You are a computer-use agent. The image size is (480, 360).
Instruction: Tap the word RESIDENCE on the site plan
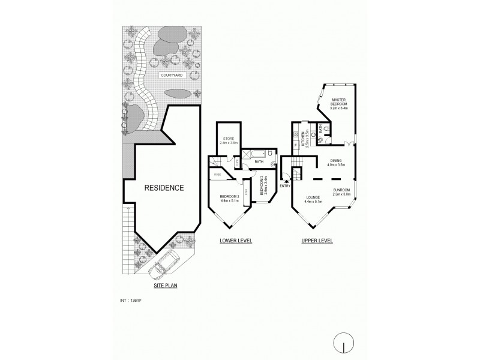click(163, 187)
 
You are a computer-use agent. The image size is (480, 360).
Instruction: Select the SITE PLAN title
click(164, 286)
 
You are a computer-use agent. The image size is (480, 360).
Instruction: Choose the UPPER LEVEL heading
click(317, 241)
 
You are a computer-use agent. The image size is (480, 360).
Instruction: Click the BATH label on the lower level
click(259, 162)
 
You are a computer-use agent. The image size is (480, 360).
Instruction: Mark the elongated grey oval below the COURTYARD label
click(178, 94)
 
